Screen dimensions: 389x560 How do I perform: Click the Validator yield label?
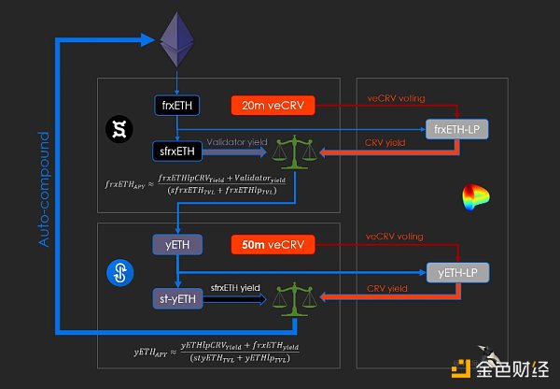point(238,142)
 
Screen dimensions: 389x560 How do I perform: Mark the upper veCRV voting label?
point(397,95)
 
